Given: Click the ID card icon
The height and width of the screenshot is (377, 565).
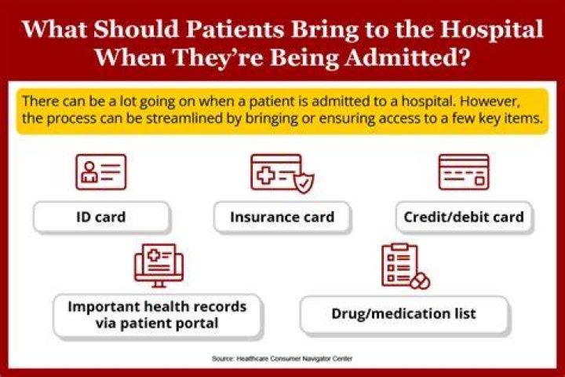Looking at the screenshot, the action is pos(101,172).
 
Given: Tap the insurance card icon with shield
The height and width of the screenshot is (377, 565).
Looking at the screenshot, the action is pos(282,174).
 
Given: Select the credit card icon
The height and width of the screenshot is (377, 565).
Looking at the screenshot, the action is pos(464,172).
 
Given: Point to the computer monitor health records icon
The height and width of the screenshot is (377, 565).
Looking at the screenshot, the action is pos(159,265).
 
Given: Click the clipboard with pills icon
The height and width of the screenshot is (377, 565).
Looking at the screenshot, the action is pos(406,266).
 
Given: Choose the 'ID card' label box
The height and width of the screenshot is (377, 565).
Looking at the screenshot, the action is pos(101,217).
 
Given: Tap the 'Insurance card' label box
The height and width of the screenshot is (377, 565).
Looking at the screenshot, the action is pos(282,217).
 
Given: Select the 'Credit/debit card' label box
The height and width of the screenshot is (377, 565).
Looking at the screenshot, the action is pos(464,217).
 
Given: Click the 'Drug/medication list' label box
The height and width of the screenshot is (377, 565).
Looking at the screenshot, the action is pos(404,314).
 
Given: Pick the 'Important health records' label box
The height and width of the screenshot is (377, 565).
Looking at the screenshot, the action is pos(158,315).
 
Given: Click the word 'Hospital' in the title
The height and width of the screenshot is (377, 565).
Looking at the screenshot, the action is pos(491,29).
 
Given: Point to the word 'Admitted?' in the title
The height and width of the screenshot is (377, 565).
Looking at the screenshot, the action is pos(407,57).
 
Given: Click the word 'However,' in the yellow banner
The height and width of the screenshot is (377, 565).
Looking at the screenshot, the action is pos(490,101).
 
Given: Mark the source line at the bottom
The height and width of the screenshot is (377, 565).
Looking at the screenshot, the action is pos(282,359).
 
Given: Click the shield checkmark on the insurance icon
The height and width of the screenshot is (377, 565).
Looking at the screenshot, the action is pos(304,183).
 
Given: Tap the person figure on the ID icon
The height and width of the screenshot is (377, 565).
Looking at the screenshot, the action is pos(89,172).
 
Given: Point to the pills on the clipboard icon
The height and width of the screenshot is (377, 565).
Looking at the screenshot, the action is pos(420,281).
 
